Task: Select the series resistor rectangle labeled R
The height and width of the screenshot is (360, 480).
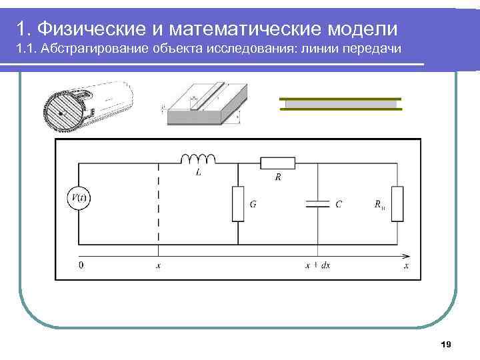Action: [x=277, y=163]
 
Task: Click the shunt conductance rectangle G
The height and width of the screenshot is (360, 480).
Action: [x=238, y=203]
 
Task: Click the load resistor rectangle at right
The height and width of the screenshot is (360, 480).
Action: [x=397, y=203]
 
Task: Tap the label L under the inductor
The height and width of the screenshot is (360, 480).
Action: [x=199, y=173]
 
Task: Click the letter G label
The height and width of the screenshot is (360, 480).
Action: [x=253, y=205]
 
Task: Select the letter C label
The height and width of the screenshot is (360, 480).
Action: [x=339, y=205]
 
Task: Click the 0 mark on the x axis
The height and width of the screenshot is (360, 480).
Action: [x=81, y=265]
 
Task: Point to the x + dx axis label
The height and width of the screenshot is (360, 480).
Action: [x=318, y=265]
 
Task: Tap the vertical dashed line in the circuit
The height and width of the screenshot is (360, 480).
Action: [x=158, y=203]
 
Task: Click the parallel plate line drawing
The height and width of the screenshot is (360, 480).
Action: [x=340, y=104]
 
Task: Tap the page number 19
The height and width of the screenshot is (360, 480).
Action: [x=446, y=344]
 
